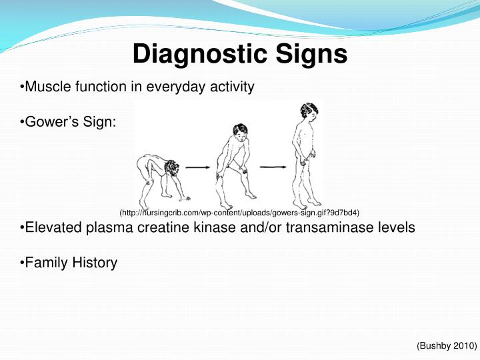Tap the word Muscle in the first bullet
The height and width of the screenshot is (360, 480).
[44, 87]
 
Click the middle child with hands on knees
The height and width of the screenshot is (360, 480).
[233, 160]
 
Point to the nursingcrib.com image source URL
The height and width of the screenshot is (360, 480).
[239, 213]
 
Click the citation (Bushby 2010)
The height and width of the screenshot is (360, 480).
[446, 346]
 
